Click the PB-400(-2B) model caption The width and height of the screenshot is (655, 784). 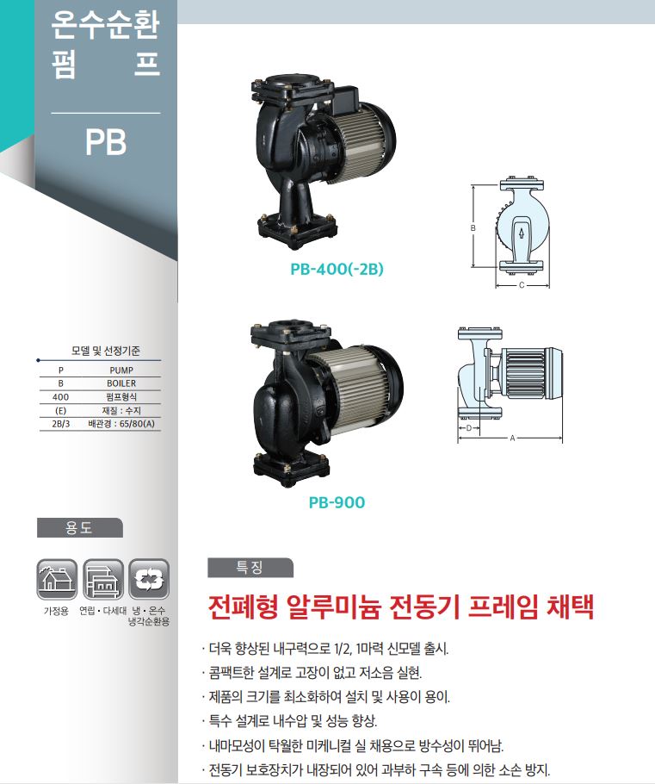click(337, 269)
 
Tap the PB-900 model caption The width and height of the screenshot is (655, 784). click(337, 502)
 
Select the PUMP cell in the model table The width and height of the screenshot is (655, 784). click(121, 370)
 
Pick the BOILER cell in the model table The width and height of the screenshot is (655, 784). click(121, 383)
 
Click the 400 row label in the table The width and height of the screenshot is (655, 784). click(60, 397)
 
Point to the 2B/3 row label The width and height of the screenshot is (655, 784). click(60, 424)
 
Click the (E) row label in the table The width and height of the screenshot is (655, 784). click(60, 410)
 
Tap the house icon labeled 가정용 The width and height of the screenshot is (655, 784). click(57, 579)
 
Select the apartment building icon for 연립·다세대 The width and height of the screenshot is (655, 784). click(103, 579)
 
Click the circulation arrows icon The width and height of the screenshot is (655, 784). click(149, 579)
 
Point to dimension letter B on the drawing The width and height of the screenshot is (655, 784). click(473, 228)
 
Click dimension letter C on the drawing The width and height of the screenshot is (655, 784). click(522, 285)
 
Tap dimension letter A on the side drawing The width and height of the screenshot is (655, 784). click(513, 439)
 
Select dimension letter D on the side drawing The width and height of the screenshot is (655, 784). click(468, 428)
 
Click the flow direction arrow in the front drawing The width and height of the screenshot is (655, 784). click(521, 233)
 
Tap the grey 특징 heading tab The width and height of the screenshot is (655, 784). click(250, 568)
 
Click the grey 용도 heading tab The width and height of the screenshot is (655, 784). click(79, 527)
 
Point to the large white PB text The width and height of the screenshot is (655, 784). click(106, 142)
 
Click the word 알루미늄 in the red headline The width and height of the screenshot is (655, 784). click(334, 607)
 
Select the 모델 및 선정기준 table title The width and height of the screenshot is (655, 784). click(105, 351)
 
